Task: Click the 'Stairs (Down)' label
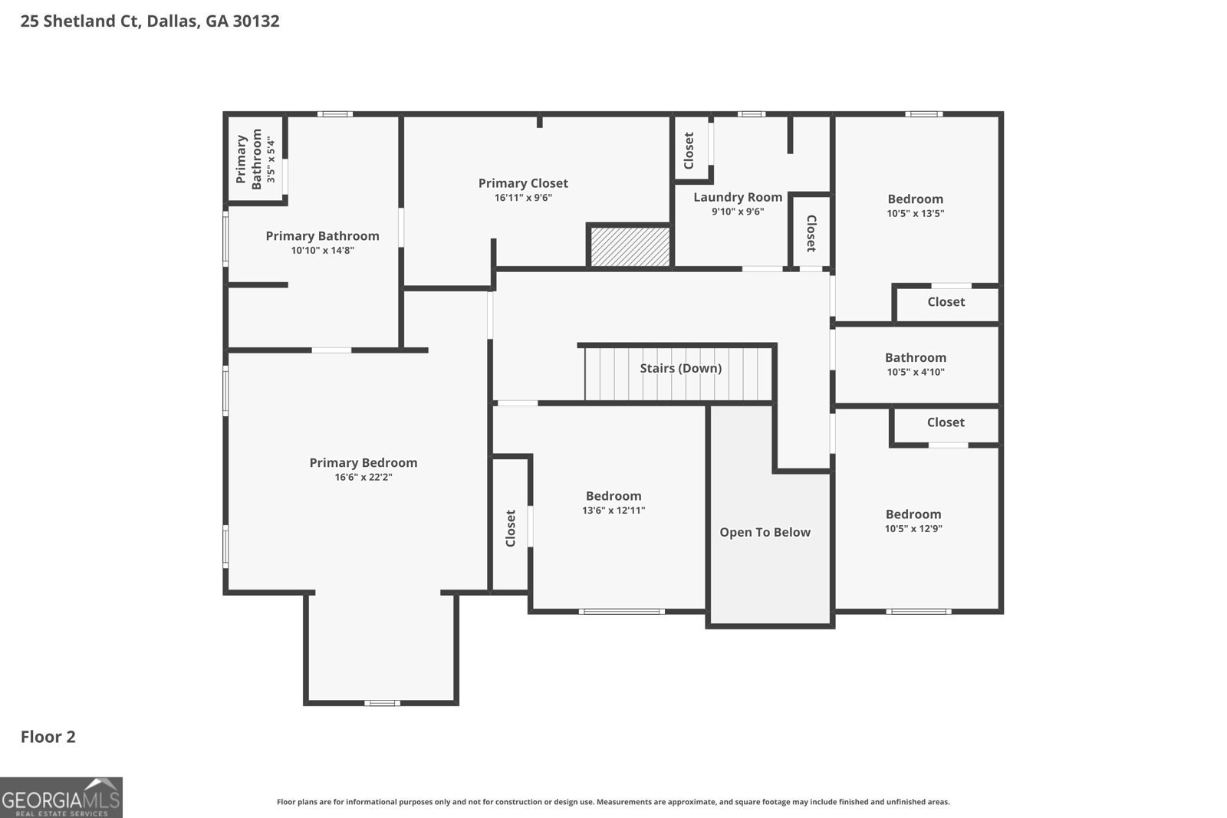point(681,368)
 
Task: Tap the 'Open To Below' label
point(765,532)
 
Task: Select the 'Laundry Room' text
point(738,197)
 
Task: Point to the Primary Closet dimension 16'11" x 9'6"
point(523,198)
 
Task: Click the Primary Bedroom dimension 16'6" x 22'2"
point(363,477)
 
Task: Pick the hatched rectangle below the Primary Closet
point(630,247)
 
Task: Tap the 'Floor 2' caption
point(48,737)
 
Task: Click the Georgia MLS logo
point(61,797)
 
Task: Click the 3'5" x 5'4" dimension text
point(271,159)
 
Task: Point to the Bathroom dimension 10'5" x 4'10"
point(916,372)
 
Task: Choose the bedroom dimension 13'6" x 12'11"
point(613,511)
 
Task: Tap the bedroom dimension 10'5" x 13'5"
point(916,214)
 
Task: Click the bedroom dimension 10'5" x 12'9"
point(913,529)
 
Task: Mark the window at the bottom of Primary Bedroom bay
point(383,703)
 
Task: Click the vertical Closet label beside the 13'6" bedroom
point(511,528)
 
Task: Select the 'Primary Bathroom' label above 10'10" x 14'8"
point(322,236)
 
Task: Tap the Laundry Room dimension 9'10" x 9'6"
point(738,212)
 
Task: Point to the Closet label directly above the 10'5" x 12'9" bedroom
point(946,422)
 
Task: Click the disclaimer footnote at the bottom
point(613,802)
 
